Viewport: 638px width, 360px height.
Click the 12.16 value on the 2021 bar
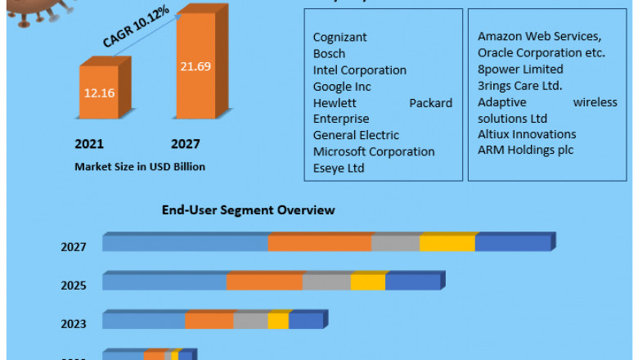[x=98, y=92]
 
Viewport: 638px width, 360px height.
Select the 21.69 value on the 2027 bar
[x=196, y=65]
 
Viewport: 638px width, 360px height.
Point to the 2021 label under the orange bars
[x=89, y=144]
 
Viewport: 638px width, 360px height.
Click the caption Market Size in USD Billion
[x=140, y=166]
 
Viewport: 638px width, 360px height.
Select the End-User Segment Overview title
[x=248, y=210]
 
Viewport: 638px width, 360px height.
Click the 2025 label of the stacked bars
[x=73, y=285]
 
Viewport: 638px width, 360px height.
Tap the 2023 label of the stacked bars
[x=73, y=323]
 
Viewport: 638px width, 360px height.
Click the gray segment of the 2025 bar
[x=326, y=282]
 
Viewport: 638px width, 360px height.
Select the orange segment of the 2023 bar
[x=209, y=321]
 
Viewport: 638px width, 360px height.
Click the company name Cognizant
[x=339, y=37]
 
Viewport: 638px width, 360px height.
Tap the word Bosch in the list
[x=329, y=53]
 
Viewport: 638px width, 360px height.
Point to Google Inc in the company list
[x=342, y=86]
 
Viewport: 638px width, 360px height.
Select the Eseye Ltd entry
[x=339, y=168]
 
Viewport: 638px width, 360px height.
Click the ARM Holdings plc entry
[x=525, y=150]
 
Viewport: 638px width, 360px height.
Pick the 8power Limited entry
[x=520, y=69]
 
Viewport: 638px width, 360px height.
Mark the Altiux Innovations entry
[x=527, y=133]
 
